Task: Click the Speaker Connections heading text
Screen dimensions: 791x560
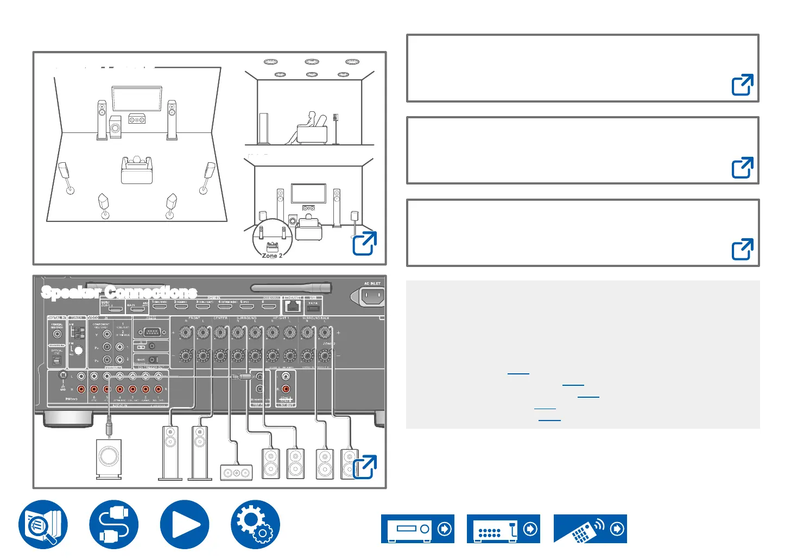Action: [x=119, y=292]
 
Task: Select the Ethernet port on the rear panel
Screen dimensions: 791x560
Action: [x=293, y=306]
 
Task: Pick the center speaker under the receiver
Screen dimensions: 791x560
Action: [x=236, y=473]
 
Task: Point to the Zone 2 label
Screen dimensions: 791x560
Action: [x=272, y=256]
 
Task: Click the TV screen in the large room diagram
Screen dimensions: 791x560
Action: [x=136, y=98]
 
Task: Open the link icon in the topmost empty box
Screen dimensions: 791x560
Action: [x=742, y=85]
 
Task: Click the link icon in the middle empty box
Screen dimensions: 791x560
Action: [x=742, y=168]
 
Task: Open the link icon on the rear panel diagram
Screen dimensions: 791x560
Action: [x=364, y=467]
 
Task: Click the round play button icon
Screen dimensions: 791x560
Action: [x=185, y=525]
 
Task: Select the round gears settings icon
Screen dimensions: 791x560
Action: [x=255, y=525]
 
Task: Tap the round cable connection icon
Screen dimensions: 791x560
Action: [x=114, y=525]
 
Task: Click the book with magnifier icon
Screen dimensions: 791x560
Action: [x=43, y=525]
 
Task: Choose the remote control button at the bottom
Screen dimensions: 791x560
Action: [x=590, y=529]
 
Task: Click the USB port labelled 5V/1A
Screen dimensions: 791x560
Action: [x=313, y=308]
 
